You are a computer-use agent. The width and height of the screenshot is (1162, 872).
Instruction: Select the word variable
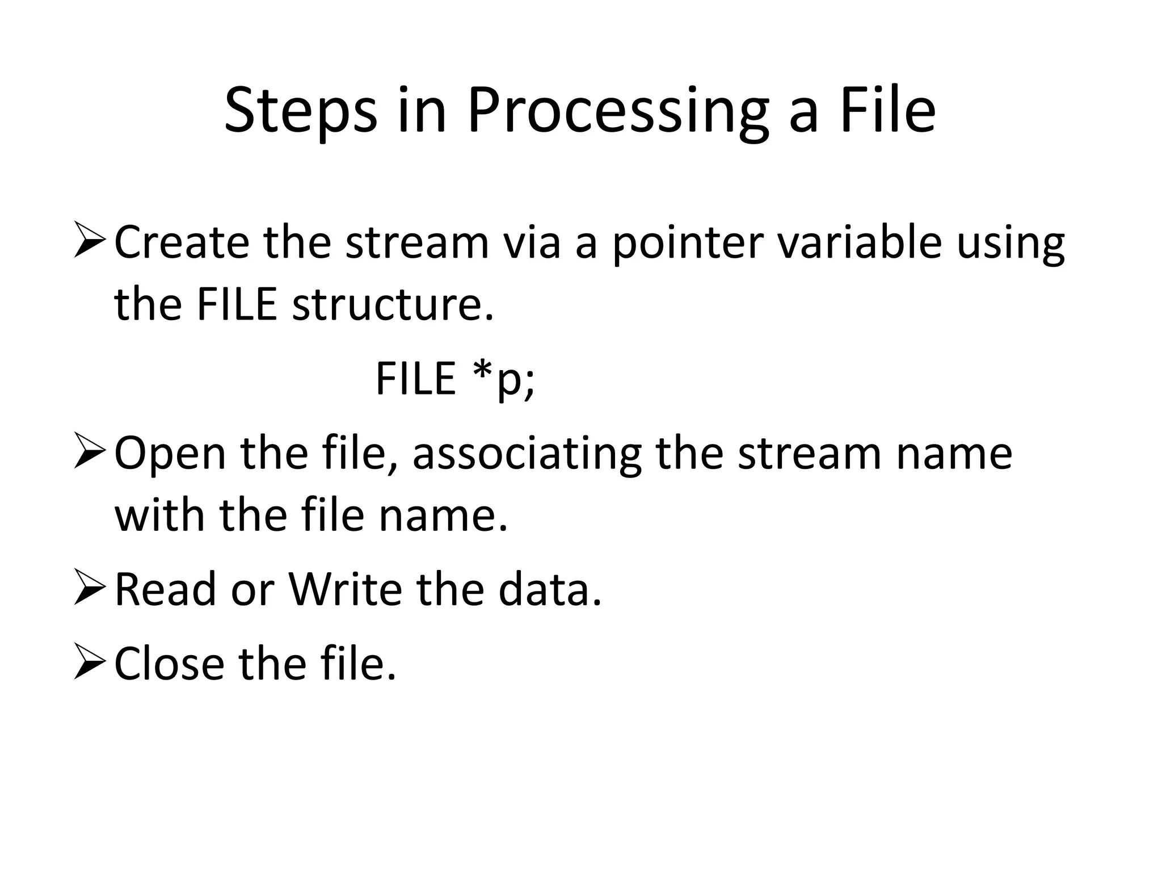[860, 242]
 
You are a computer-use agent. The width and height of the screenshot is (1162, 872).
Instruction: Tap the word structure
[393, 305]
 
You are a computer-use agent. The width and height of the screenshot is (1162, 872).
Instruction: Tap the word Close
[169, 663]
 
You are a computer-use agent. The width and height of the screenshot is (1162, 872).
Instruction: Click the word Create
[182, 242]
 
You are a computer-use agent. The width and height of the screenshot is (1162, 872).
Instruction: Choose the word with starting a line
[159, 515]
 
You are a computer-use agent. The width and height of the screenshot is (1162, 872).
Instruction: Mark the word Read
[166, 589]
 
